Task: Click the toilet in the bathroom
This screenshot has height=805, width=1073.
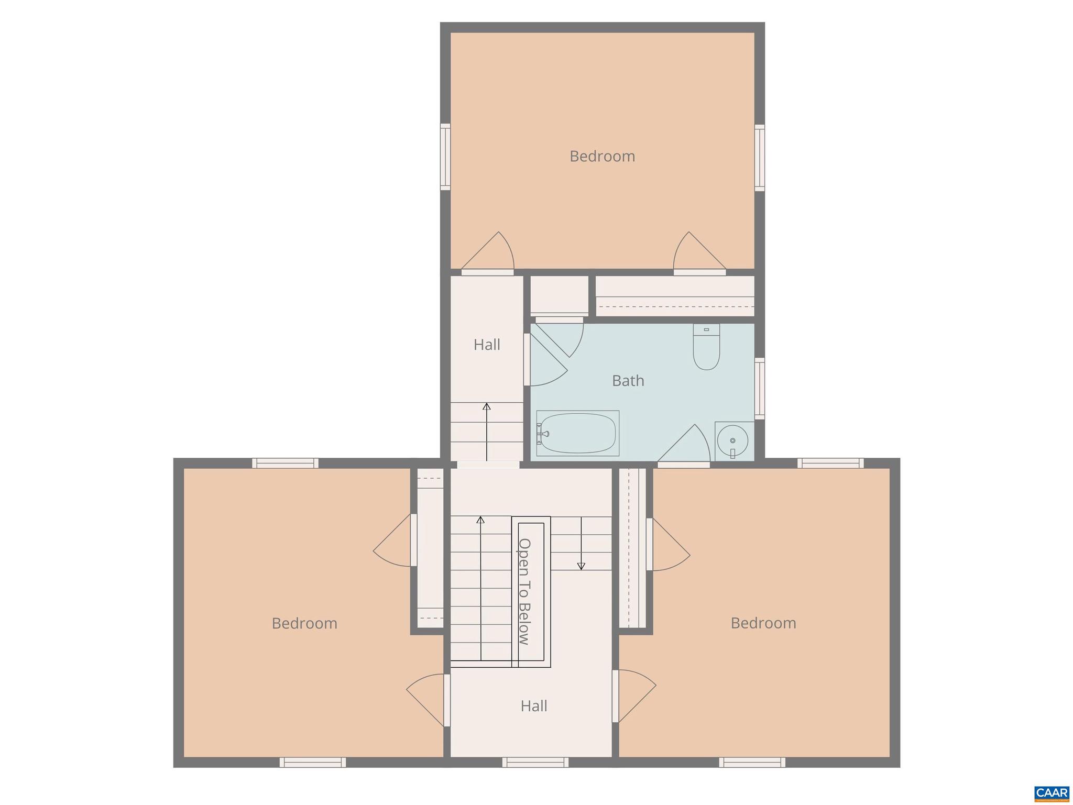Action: click(x=706, y=347)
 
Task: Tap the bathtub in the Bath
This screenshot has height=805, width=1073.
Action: click(x=577, y=433)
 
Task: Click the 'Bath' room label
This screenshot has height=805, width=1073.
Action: click(x=628, y=381)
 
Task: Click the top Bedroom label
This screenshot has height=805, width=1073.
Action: click(x=602, y=156)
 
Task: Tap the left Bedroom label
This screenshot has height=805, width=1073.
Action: click(x=304, y=623)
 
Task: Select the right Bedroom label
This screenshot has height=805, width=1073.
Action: click(x=763, y=623)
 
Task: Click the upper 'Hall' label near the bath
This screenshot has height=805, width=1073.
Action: click(x=487, y=345)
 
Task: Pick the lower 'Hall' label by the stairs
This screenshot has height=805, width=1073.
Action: click(x=534, y=706)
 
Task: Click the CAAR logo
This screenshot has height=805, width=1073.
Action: click(x=1052, y=792)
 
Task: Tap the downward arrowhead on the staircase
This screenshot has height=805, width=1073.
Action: click(x=581, y=566)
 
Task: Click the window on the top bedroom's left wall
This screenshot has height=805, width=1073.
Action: click(x=445, y=157)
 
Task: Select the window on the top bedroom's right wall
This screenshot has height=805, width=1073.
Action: click(x=759, y=158)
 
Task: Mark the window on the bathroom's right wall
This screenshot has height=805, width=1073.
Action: click(x=759, y=388)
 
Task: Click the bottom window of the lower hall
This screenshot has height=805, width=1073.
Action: click(x=535, y=762)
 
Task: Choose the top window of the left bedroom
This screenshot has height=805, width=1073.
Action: click(x=286, y=463)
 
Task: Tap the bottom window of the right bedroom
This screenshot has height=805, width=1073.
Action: click(x=752, y=762)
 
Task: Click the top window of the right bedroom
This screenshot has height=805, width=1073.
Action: click(x=830, y=463)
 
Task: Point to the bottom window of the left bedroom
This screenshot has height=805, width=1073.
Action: click(x=312, y=762)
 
